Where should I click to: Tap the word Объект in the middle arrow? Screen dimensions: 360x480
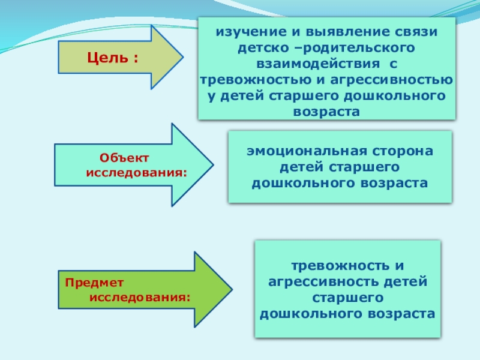click(124, 157)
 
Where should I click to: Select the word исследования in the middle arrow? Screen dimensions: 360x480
click(137, 173)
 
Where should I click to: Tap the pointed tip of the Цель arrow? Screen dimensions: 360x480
click(182, 57)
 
